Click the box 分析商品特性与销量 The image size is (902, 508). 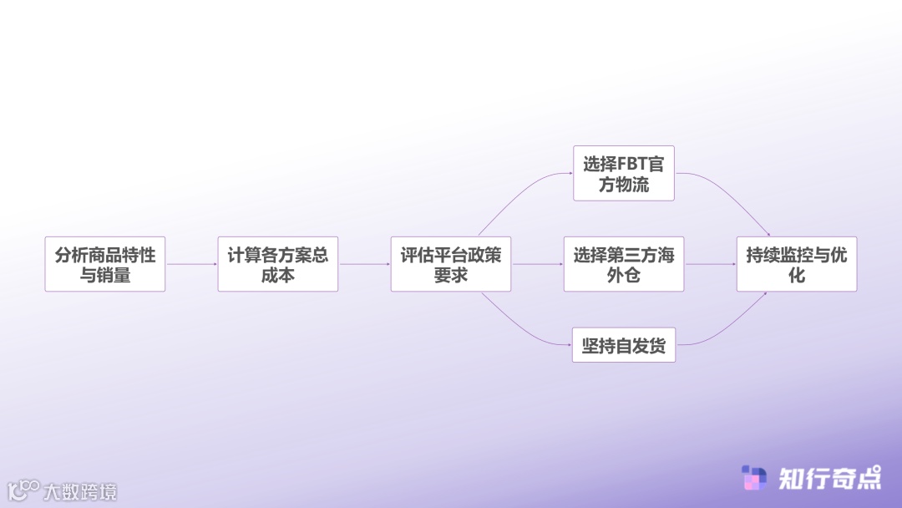tap(105, 264)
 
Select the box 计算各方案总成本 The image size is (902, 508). tap(278, 264)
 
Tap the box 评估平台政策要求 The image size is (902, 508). tap(451, 264)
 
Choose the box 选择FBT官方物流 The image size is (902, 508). tap(624, 173)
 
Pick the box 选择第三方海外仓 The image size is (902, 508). tap(624, 264)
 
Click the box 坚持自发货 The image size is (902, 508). tap(624, 345)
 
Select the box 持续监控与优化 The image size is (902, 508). tap(797, 264)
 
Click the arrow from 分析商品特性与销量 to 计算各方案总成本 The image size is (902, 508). tap(191, 264)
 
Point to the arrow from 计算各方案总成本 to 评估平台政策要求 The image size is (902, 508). tap(364, 264)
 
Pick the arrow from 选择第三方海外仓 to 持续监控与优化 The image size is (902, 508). tap(710, 264)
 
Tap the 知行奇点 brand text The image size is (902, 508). tap(829, 478)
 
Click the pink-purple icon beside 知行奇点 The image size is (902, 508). tap(754, 478)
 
